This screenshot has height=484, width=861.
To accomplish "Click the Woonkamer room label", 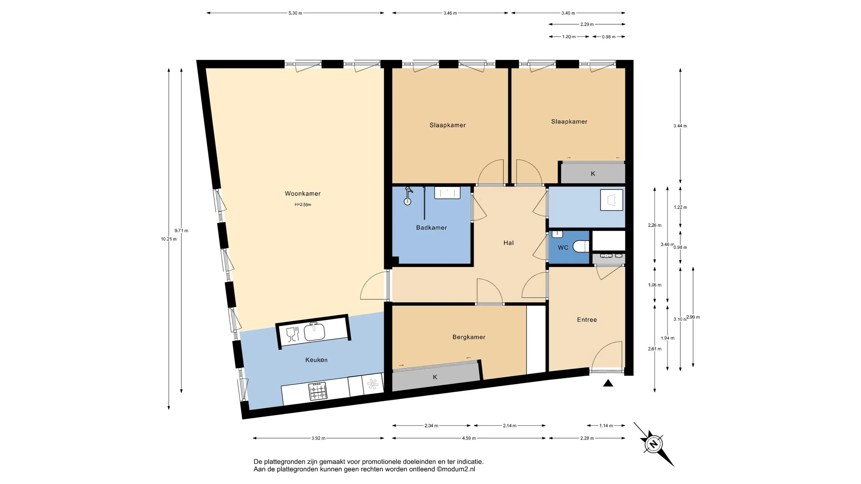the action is pyautogui.click(x=302, y=194).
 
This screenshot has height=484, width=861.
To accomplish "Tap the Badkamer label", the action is pyautogui.click(x=431, y=227).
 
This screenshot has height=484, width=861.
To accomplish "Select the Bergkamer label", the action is pyautogui.click(x=469, y=337).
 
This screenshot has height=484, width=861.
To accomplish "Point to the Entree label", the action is pyautogui.click(x=587, y=320).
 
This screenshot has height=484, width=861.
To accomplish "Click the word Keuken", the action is pyautogui.click(x=316, y=360).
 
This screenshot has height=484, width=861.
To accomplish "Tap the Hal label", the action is pyautogui.click(x=508, y=243).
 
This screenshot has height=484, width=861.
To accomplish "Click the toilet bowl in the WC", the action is pyautogui.click(x=581, y=247).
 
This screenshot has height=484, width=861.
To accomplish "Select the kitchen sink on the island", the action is pyautogui.click(x=314, y=331).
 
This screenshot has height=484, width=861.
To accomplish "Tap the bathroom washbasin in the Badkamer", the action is pyautogui.click(x=447, y=193).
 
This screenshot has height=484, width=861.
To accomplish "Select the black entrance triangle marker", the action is pyautogui.click(x=608, y=383).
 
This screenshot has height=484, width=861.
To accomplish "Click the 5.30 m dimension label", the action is pyautogui.click(x=295, y=13).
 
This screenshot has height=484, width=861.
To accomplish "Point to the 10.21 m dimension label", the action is pyautogui.click(x=169, y=239).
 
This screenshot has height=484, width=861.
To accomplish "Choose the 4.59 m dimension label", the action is pyautogui.click(x=469, y=438).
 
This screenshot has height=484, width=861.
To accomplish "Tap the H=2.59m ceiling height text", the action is pyautogui.click(x=303, y=204).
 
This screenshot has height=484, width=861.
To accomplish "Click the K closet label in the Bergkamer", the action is pyautogui.click(x=435, y=377).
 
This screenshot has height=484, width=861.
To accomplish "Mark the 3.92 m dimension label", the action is pyautogui.click(x=318, y=438).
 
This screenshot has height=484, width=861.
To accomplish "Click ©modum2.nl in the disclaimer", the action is pyautogui.click(x=455, y=469).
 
